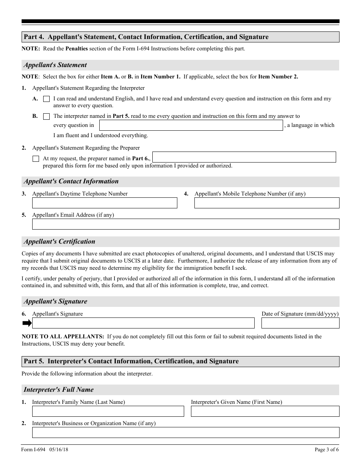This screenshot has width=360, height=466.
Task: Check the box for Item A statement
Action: coord(46,99)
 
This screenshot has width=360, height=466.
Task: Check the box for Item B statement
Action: coord(46,116)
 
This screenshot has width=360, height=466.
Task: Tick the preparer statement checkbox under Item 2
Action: coord(36,159)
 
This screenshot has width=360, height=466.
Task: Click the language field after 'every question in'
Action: coord(191,125)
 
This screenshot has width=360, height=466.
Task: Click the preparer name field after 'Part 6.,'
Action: coord(244,157)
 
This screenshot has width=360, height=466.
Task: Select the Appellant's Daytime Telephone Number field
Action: coord(105,203)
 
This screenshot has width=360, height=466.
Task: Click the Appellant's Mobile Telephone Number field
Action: coord(267,203)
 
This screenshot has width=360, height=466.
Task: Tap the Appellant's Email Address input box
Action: coord(186,224)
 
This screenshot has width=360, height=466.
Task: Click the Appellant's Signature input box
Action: coord(143,323)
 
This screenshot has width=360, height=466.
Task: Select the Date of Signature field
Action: coord(300,323)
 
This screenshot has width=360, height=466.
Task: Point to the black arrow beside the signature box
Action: coord(27,323)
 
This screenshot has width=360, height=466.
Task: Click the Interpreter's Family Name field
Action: coord(108,411)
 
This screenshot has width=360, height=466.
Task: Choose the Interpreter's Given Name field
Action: coord(265,411)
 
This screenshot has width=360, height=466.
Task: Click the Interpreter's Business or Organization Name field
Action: coord(186,433)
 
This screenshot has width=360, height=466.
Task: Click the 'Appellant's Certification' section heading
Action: coord(59,242)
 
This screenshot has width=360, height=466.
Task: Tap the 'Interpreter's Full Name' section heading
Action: coord(58,390)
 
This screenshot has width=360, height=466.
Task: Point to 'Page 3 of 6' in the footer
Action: coord(327,450)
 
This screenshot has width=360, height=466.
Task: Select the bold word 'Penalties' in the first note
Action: coord(77,49)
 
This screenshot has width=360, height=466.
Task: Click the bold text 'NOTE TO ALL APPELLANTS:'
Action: coord(63,336)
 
